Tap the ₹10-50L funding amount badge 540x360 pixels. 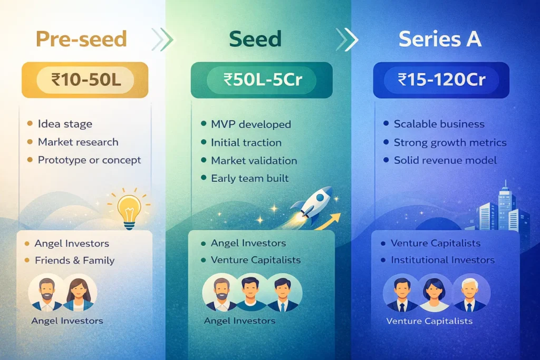pos(85,80)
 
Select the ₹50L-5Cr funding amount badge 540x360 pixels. pos(262,80)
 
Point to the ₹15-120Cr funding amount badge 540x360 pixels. pos(441,80)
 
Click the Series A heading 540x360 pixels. pos(440,40)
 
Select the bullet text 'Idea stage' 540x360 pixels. pos(65,124)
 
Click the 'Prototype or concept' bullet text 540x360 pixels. pos(89,160)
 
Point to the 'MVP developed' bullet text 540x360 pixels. pos(250,124)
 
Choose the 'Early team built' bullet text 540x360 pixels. pos(249,178)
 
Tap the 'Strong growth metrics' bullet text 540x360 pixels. pos(450,142)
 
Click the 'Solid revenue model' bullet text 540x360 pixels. pos(445,160)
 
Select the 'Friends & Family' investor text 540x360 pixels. pos(74,260)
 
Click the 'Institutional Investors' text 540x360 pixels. pos(442,260)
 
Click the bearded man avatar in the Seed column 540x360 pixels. pos(221,294)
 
